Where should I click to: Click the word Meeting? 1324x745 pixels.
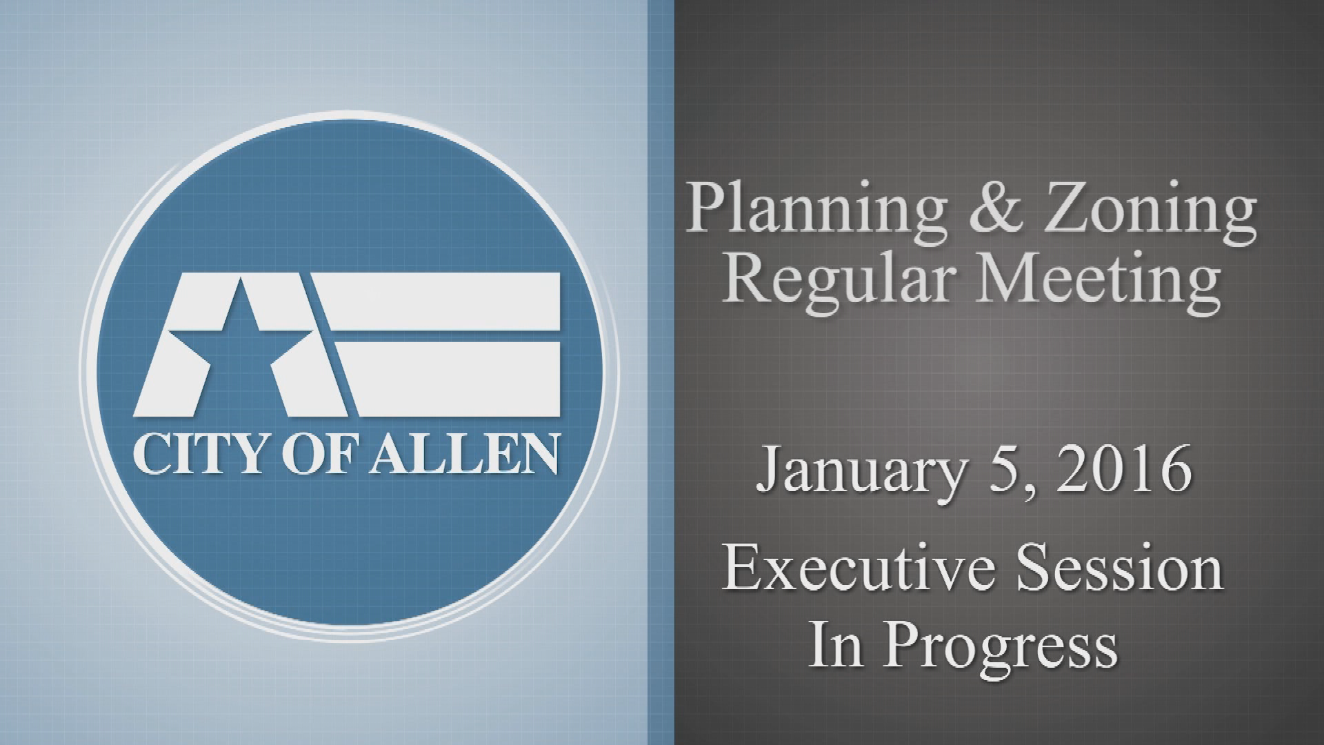pyautogui.click(x=1096, y=283)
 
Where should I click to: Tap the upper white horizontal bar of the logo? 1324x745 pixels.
pyautogui.click(x=441, y=299)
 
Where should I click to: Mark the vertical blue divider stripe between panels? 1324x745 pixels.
pyautogui.click(x=661, y=372)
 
